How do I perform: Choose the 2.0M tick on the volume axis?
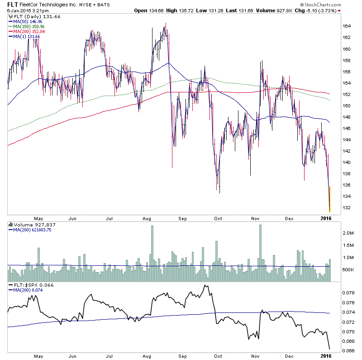[x=348, y=233]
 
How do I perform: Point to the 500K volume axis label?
[x=348, y=270]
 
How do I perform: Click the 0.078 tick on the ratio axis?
[x=348, y=293]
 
